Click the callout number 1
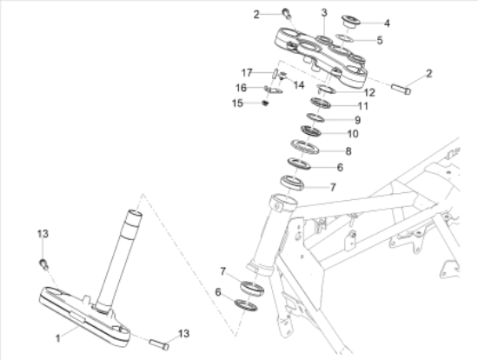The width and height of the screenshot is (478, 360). [x=58, y=338]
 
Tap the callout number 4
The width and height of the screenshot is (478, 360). [x=387, y=23]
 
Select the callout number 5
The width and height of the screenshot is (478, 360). [x=380, y=40]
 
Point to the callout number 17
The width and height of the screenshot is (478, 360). [x=247, y=73]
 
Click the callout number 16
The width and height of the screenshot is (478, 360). [x=241, y=88]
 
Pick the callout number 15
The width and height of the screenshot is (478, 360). [x=237, y=103]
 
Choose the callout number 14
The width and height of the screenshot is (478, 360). [x=299, y=85]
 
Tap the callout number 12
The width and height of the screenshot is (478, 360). [x=369, y=92]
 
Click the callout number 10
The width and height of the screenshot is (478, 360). [x=353, y=134]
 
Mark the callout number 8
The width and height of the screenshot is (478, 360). [x=349, y=151]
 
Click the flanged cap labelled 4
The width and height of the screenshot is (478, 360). [x=350, y=22]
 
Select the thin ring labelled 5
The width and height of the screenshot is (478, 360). [x=344, y=38]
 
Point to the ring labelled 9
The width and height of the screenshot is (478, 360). [x=315, y=117]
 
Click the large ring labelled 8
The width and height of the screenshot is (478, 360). [x=305, y=147]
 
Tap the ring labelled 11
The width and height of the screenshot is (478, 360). [x=321, y=103]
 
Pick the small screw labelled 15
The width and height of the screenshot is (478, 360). [x=266, y=103]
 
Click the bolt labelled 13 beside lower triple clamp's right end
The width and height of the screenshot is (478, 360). [x=159, y=344]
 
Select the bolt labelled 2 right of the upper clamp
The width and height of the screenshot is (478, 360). [x=402, y=89]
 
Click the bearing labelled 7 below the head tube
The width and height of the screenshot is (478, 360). [x=252, y=288]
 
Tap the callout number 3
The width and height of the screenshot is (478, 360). [x=324, y=13]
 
